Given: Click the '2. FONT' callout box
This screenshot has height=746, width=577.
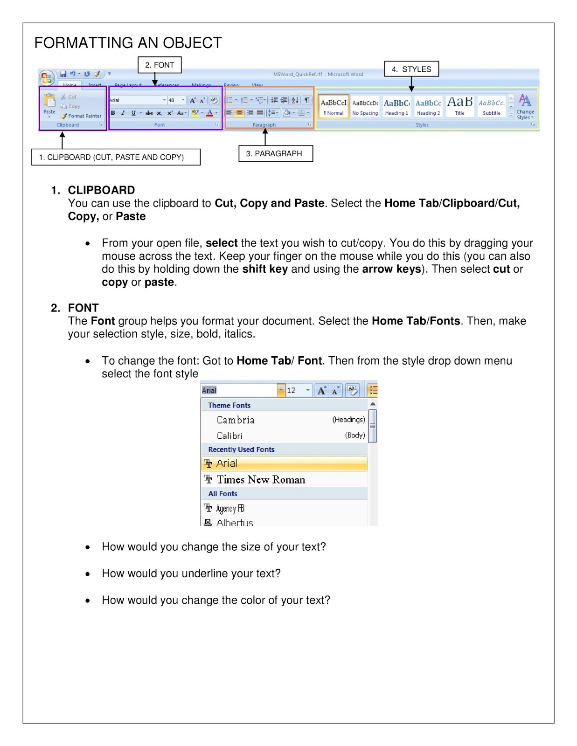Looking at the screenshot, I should (x=160, y=65).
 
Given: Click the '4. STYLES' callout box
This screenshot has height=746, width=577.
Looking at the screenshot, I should (x=411, y=69).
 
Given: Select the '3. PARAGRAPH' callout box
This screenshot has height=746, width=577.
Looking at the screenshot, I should (x=275, y=153).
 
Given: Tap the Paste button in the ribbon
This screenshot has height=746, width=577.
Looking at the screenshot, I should (x=49, y=104).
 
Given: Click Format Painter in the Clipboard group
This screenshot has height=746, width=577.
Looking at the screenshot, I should (x=81, y=116).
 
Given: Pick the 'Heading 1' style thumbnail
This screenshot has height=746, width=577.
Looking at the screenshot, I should (x=396, y=107).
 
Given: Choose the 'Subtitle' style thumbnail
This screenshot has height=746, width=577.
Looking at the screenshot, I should (x=491, y=107).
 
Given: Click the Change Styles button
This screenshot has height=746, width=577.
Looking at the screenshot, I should (x=525, y=107).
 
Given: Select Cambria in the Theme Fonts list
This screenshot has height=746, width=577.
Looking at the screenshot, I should (x=236, y=420).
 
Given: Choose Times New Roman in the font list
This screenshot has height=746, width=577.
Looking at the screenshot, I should (x=261, y=480).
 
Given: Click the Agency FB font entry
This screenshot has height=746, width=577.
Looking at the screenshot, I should (x=230, y=509).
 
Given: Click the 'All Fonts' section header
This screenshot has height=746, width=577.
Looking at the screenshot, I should (x=223, y=494).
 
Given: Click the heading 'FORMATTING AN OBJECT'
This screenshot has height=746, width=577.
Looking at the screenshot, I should (x=128, y=43).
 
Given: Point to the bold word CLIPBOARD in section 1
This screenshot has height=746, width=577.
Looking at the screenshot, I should (x=101, y=190).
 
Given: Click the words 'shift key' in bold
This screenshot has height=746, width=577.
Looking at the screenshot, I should (x=264, y=269).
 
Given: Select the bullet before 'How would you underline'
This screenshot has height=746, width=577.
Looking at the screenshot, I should (x=88, y=574).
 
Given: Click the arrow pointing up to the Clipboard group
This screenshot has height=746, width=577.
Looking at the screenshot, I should (x=62, y=139).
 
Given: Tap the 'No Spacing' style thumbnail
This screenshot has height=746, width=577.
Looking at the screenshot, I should (x=365, y=107).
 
